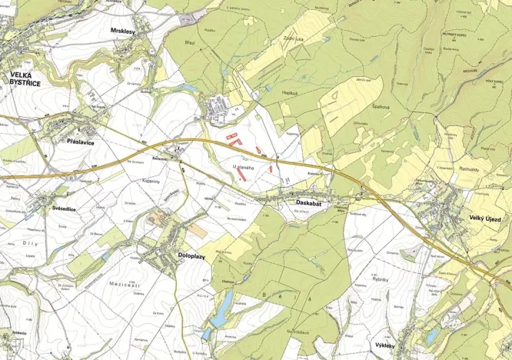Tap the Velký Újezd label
pyautogui.click(x=486, y=218)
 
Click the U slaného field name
pyautogui.click(x=243, y=166)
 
